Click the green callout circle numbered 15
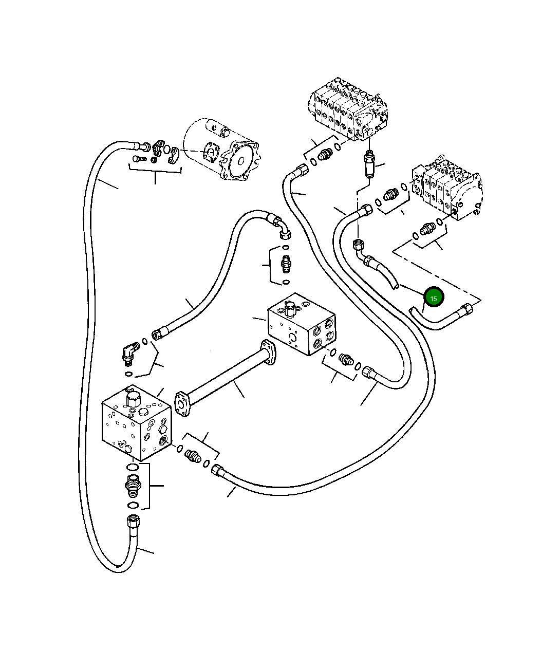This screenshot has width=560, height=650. tap(434, 297)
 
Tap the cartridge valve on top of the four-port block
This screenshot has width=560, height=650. tap(289, 308)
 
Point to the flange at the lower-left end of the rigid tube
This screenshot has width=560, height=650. tap(182, 404)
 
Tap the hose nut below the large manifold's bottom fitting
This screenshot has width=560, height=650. tap(133, 523)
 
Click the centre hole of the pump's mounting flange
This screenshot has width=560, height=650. tap(241, 161)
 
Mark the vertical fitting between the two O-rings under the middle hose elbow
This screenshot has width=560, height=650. tap(286, 264)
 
